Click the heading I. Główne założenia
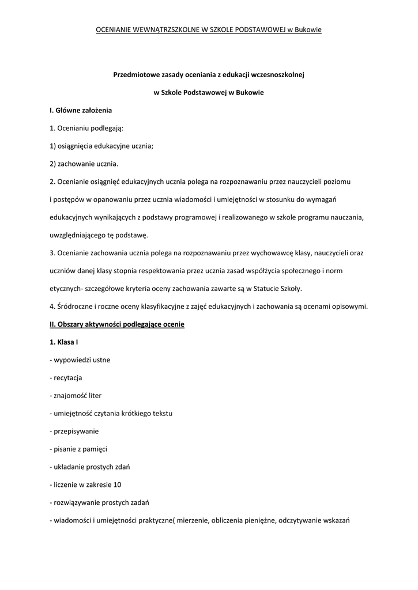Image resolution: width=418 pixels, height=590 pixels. [x=81, y=109]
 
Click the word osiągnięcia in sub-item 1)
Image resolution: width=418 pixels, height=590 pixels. [x=76, y=146]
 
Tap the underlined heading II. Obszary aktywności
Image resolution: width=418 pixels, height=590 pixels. [x=117, y=324]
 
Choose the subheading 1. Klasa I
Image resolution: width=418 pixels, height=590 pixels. [x=64, y=342]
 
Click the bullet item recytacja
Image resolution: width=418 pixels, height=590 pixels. [x=68, y=378]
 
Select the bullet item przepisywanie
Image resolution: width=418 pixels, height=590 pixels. [x=76, y=431]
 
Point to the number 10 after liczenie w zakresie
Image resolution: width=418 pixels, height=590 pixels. [x=118, y=485]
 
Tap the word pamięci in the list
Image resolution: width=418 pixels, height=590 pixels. [x=95, y=449]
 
